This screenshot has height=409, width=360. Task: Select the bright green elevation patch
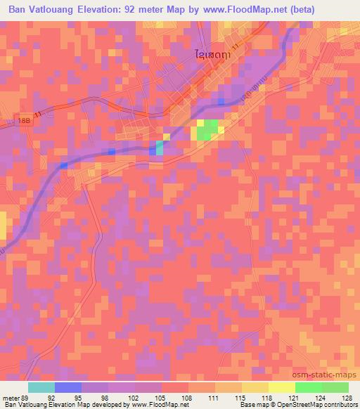(x=207, y=130)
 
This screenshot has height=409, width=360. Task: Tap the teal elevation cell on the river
(x=159, y=147)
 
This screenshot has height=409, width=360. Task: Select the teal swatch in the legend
(x=41, y=387)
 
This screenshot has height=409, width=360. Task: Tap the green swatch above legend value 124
(x=309, y=387)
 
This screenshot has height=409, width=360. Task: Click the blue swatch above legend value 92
(x=68, y=387)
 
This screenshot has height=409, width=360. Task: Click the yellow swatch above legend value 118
(x=282, y=387)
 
